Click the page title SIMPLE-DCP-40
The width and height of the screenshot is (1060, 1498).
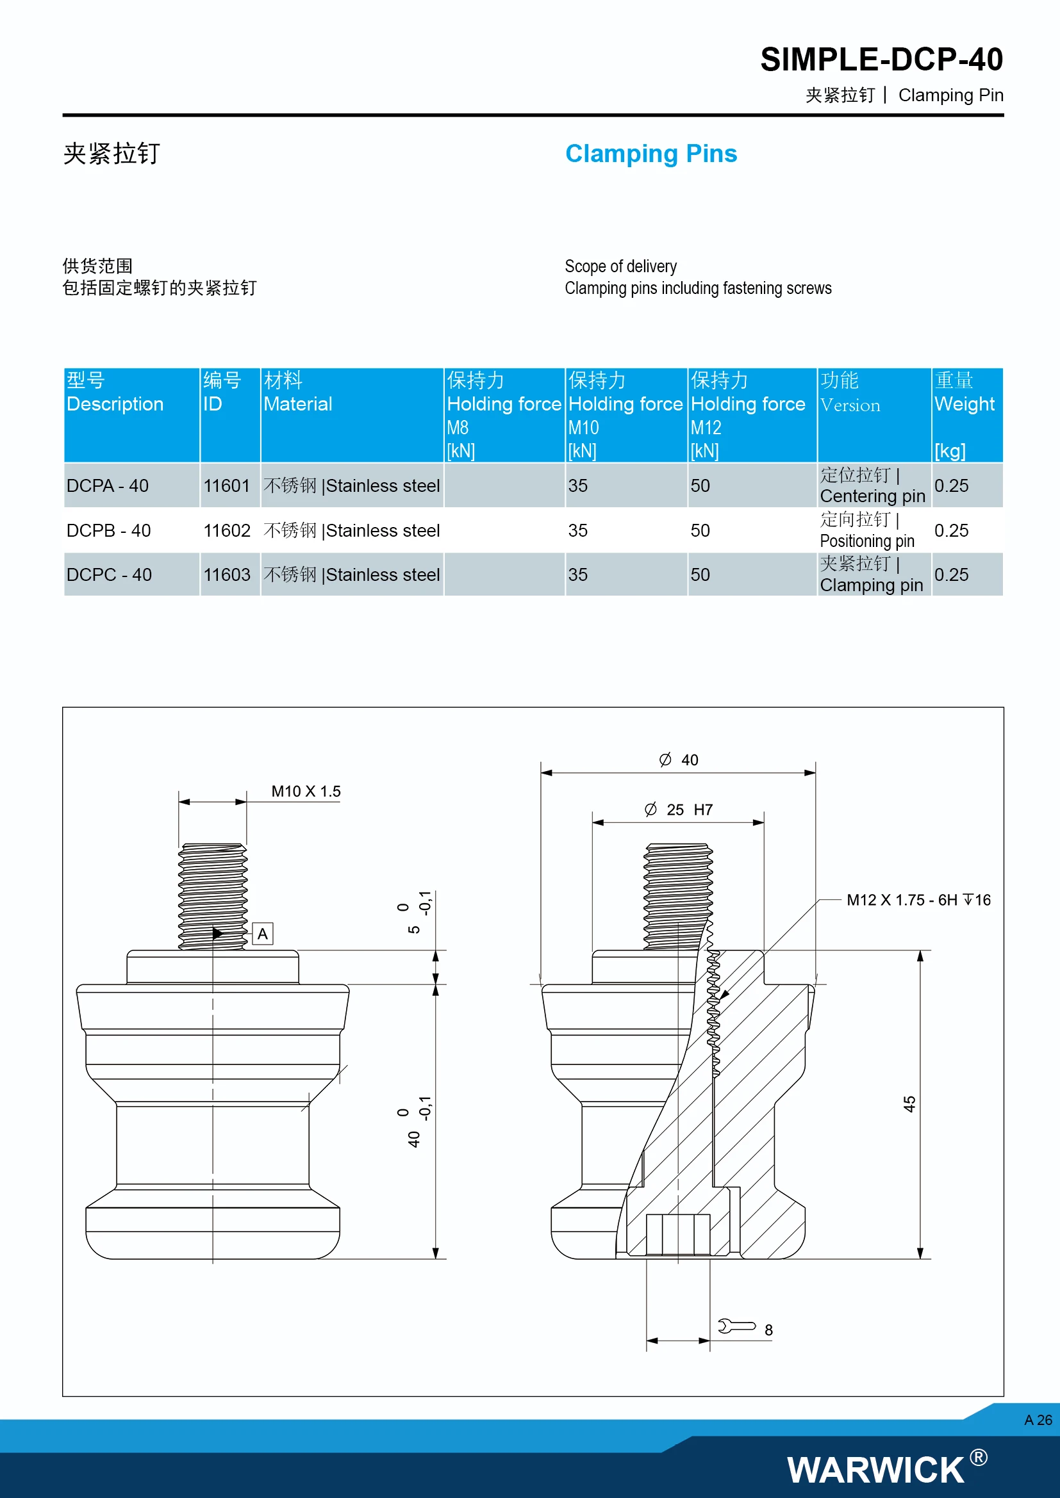881,60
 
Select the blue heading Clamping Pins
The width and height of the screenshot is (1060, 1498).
650,153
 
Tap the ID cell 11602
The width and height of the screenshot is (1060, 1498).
226,530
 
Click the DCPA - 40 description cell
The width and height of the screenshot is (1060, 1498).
108,485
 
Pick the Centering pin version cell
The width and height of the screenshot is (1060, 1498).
872,485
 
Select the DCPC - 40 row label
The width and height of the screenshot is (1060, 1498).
109,574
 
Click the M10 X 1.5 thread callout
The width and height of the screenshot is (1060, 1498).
306,792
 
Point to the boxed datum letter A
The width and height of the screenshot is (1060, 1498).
262,934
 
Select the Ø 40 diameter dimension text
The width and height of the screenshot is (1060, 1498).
679,760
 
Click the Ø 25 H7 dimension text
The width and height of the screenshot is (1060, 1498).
679,810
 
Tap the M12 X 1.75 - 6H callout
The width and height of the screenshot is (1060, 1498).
918,900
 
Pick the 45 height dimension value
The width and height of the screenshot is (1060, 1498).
909,1104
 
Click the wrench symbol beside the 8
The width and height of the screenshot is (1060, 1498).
736,1326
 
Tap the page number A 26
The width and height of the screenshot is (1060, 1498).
1038,1420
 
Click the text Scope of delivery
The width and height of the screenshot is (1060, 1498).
620,266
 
